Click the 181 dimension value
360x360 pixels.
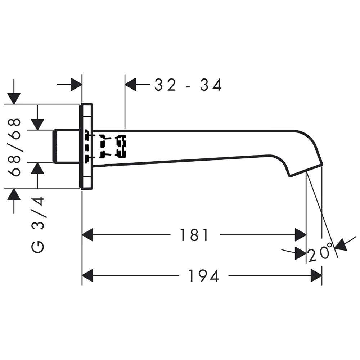(x=194, y=235)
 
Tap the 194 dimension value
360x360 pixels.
(x=204, y=275)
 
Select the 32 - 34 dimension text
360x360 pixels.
(x=188, y=85)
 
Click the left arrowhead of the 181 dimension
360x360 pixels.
(x=87, y=235)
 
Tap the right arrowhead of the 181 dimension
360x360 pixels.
(x=301, y=235)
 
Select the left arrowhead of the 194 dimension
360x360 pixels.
(x=87, y=275)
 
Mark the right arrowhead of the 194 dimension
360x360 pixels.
(x=316, y=275)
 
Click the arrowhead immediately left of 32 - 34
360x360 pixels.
(x=131, y=85)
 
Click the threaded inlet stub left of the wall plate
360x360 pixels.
(x=67, y=147)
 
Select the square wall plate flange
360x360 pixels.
(x=86, y=147)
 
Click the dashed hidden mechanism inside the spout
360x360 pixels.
(x=105, y=147)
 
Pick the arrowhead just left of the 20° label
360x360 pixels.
(x=301, y=253)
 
